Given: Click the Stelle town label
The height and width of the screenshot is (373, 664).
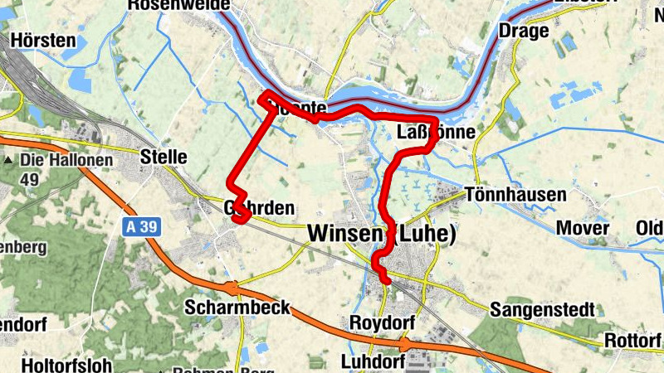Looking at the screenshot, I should click(x=164, y=157).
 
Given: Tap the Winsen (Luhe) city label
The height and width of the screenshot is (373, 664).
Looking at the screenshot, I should click(x=382, y=235).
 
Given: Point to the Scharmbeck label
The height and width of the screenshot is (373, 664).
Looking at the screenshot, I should click(x=237, y=308).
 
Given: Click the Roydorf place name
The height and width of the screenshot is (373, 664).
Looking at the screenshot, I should click(x=381, y=322).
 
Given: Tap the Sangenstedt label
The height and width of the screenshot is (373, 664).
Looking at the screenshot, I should click(x=543, y=310).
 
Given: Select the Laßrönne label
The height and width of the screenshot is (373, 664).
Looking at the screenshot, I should click(x=437, y=133).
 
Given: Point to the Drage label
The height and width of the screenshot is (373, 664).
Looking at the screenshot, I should click(x=524, y=31).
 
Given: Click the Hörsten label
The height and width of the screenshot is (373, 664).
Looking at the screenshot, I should click(x=44, y=40).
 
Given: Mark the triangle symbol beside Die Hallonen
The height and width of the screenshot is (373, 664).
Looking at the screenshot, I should click(x=9, y=161).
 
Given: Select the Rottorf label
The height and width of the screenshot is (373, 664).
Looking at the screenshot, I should click(x=632, y=340).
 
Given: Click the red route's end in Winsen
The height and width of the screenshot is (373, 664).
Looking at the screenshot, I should click(x=387, y=282).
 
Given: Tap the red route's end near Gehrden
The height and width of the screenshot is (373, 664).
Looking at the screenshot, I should click(x=237, y=219).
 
